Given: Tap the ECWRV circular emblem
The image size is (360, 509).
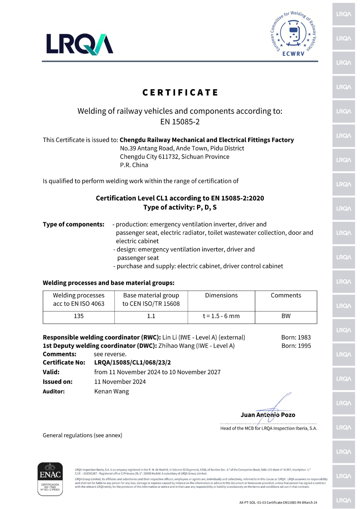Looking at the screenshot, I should click(x=293, y=33).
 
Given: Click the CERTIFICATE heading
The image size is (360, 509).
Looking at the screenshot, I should click(x=180, y=93).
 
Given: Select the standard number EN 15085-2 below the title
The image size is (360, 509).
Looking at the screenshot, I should click(x=180, y=122).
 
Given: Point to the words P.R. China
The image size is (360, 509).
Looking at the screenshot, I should click(x=134, y=165).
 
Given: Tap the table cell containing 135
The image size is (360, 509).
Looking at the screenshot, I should click(x=79, y=316).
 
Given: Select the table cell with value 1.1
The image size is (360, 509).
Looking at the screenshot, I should click(x=151, y=316).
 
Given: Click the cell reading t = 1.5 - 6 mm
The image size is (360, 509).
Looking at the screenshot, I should click(x=221, y=316).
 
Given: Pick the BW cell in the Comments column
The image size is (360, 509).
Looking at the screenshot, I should click(x=286, y=316).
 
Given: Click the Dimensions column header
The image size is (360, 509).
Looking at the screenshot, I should click(x=221, y=295).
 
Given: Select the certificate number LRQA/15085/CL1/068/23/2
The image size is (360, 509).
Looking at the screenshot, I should click(x=132, y=362).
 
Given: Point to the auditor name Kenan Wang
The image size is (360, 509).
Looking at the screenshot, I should click(x=111, y=391).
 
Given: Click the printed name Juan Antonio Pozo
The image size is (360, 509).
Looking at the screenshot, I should click(x=268, y=415).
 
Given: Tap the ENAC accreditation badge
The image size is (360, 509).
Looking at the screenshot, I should click(x=50, y=479).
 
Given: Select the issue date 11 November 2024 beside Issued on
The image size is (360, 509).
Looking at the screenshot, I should click(x=120, y=382).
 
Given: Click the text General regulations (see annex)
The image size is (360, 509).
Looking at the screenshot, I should click(x=82, y=435).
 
